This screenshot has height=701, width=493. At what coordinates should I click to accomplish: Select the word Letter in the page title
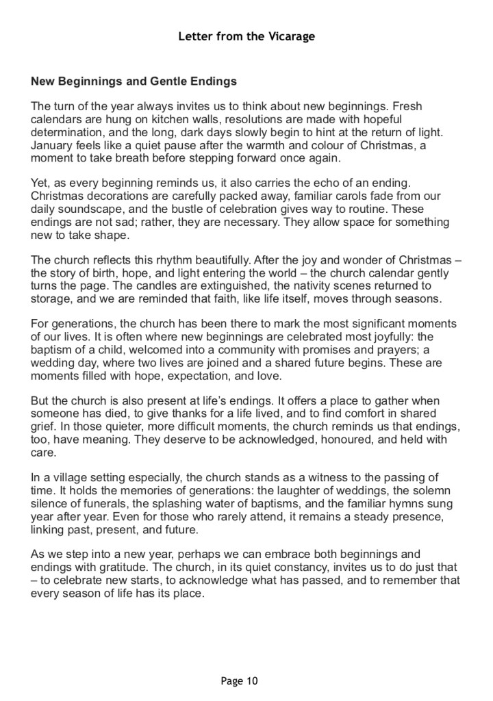click(195, 36)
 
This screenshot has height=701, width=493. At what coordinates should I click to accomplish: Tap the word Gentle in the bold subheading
click(162, 81)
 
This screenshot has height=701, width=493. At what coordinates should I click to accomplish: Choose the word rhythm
click(171, 260)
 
